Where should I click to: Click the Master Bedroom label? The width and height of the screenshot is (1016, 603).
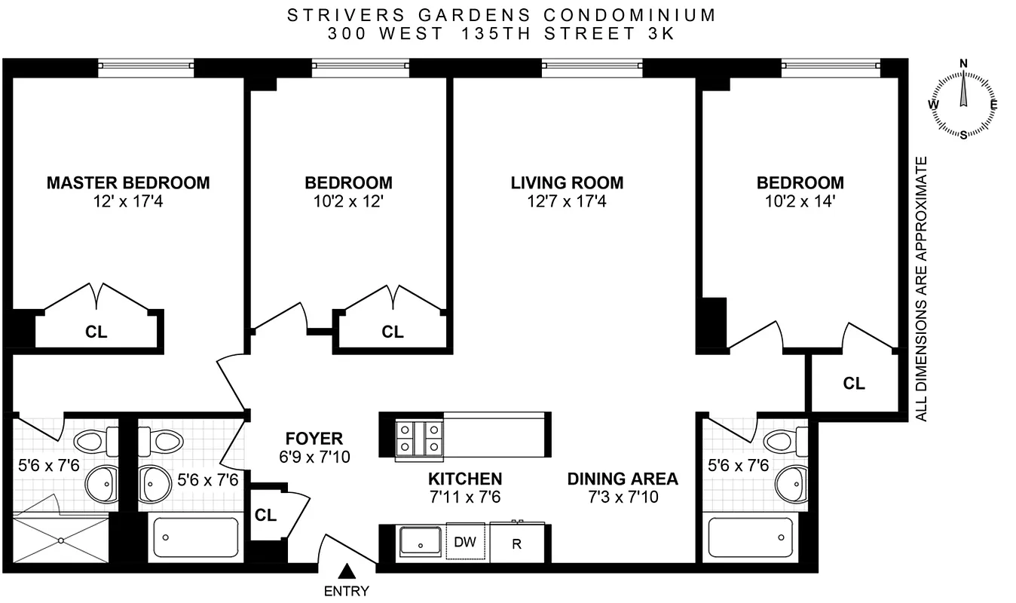coord(128,182)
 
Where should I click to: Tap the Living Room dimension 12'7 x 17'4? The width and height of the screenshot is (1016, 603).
coord(567,202)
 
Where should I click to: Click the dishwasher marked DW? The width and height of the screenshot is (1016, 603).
coord(467,541)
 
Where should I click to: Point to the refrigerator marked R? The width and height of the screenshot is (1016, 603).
coord(517,543)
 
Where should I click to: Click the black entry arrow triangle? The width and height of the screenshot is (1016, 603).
coord(346,572)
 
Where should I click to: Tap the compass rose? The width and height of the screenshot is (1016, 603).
coord(963,100)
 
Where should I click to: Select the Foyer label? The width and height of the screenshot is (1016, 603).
coord(314,438)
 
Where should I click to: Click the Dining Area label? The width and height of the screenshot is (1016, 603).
coord(623,479)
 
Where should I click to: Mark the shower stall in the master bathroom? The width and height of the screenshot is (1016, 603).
coord(62,538)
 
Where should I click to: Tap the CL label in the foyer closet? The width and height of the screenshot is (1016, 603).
coord(265,516)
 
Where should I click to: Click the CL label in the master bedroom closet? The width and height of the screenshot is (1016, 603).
coord(96,332)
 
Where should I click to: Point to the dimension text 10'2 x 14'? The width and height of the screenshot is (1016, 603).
coord(800,202)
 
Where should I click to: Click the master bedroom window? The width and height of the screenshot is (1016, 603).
coord(146,67)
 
